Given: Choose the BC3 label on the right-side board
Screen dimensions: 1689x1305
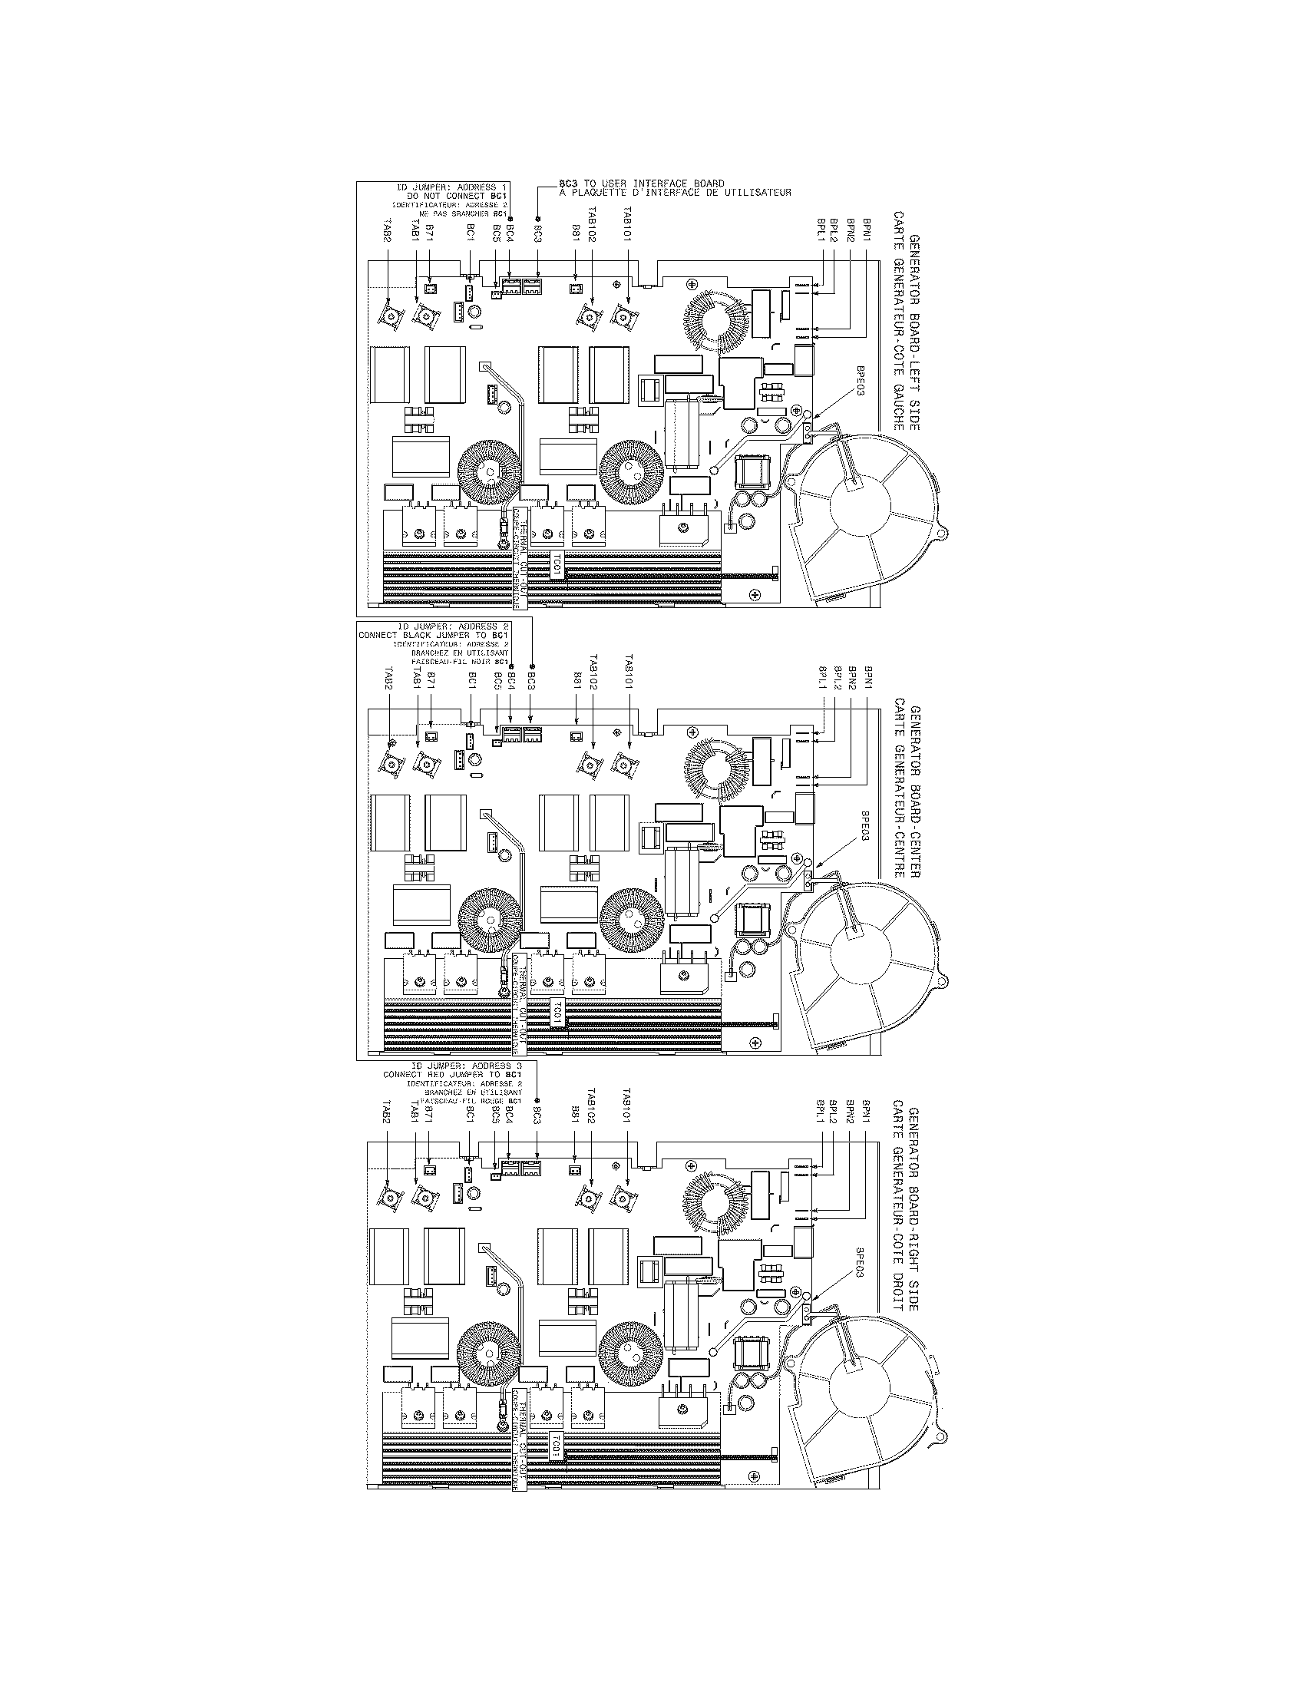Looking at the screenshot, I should click(x=537, y=1122).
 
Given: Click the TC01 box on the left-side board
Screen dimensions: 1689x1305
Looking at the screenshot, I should click(x=556, y=566).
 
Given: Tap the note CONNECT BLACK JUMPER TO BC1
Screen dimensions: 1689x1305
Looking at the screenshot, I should click(x=433, y=635).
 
